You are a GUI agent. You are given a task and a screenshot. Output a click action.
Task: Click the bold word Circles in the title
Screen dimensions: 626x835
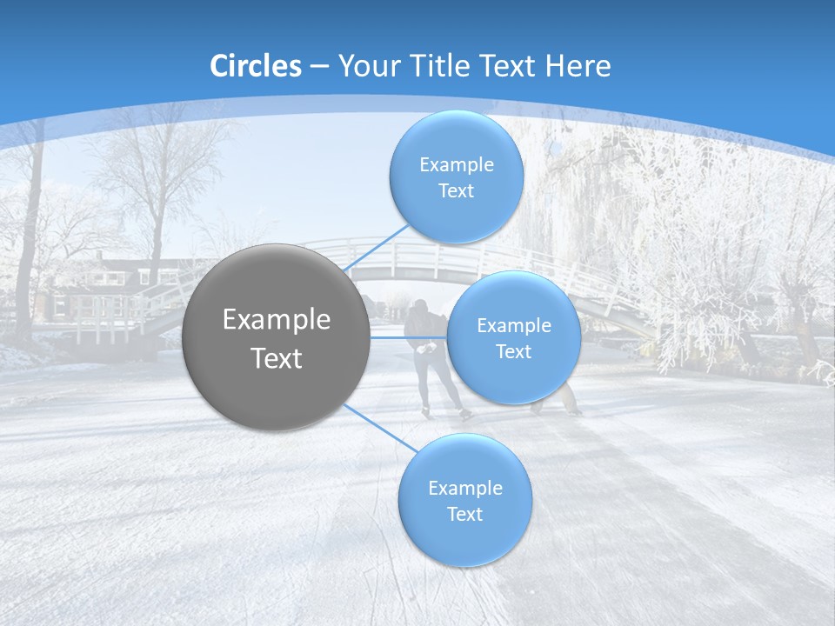tap(256, 66)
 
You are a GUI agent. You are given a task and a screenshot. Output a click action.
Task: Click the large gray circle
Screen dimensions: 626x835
tap(277, 337)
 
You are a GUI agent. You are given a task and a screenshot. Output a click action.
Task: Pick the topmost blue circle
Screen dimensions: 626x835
tap(456, 177)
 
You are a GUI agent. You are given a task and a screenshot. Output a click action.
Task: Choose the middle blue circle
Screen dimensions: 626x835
tap(513, 337)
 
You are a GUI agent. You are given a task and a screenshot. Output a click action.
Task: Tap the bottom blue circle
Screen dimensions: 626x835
tap(464, 501)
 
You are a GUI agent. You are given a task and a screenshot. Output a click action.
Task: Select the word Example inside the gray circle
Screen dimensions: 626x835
tap(277, 319)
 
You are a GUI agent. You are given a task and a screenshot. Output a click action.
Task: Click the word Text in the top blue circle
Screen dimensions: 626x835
tap(456, 191)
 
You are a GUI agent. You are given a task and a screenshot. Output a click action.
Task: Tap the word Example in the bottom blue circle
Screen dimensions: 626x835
tap(464, 488)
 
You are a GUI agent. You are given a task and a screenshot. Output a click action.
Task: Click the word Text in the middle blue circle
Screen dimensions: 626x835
tap(513, 351)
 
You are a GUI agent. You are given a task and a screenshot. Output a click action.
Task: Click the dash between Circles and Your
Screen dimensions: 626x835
tap(319, 66)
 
